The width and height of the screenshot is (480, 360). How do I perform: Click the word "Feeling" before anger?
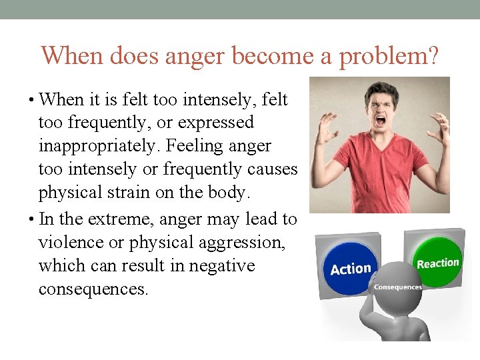pos(224,146)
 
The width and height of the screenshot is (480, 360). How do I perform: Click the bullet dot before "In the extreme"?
pos(33,219)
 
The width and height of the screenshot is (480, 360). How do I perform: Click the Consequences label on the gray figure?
pos(397,287)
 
